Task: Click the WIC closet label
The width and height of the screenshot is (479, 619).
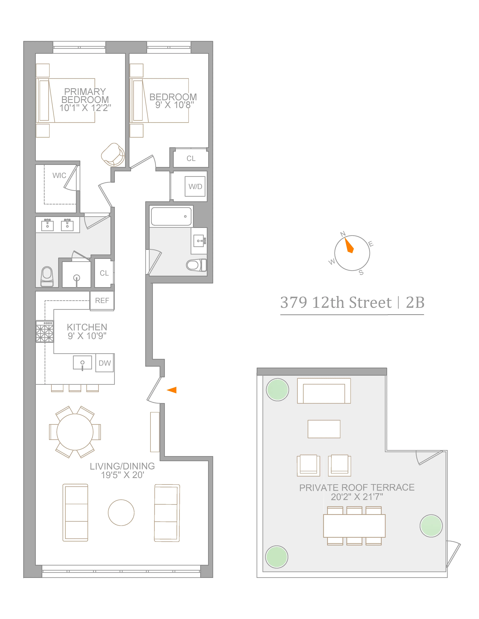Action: pos(59,175)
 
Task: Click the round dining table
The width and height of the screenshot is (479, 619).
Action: pos(75,432)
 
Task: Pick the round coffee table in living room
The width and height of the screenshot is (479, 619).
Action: pos(121,512)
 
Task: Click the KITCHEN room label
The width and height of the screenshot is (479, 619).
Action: pos(87,327)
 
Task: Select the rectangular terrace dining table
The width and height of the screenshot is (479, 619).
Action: pos(354,526)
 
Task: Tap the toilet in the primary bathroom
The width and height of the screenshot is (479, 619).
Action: pos(47,276)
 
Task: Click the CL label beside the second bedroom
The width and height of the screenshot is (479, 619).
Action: pos(191,158)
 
